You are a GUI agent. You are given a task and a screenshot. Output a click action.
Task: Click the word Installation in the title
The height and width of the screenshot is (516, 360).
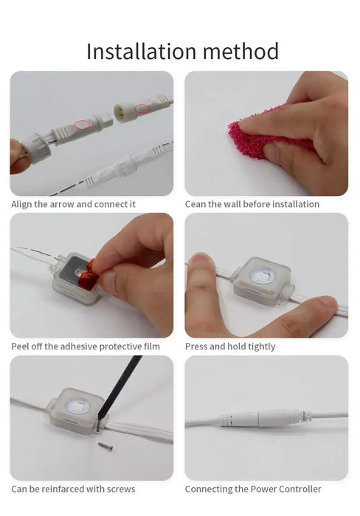coord(142,52)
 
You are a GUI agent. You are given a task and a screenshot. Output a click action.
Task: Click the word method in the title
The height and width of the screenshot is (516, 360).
coord(240,52)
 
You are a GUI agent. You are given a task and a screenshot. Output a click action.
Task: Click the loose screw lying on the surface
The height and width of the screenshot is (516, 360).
coord(105,446)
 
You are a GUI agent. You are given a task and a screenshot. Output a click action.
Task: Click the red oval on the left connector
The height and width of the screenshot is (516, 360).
coord(82,125)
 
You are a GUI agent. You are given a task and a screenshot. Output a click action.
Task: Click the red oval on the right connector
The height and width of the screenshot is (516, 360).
coord(142,108)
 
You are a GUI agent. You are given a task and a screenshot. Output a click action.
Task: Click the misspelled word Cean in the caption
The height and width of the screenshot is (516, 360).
coord(193,204)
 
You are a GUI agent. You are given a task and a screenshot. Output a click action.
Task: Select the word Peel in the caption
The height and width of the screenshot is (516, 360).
coord(19,346)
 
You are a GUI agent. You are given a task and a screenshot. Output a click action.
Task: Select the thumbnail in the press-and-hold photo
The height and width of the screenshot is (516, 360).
coord(201,259)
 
